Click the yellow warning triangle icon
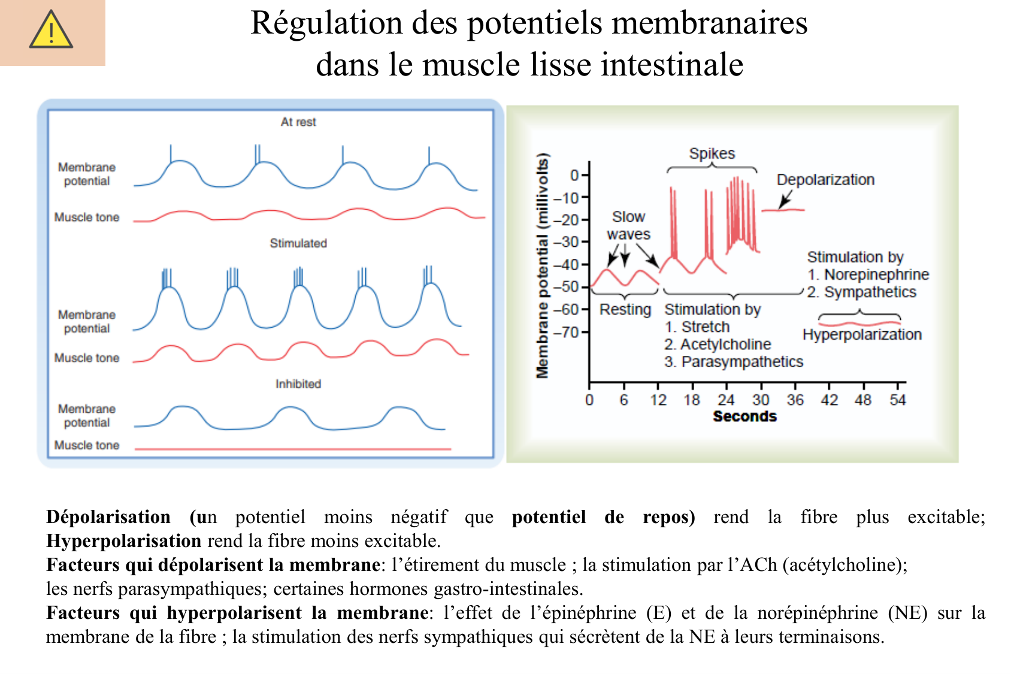[x=51, y=30]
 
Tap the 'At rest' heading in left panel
[x=298, y=122]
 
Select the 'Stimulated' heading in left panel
[x=298, y=243]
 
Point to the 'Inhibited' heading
[x=298, y=384]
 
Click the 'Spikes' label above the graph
[x=712, y=154]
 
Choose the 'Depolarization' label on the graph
[x=825, y=180]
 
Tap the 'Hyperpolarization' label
[x=862, y=334]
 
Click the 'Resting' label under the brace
[x=625, y=310]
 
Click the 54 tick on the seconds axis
[x=897, y=400]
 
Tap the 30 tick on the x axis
[x=761, y=400]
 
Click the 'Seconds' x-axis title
[x=744, y=416]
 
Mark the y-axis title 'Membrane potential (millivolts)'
[x=543, y=267]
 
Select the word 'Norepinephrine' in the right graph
[x=876, y=274]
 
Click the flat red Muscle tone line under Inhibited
[x=293, y=449]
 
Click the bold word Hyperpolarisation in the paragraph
[x=124, y=541]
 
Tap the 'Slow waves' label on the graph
[x=628, y=225]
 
